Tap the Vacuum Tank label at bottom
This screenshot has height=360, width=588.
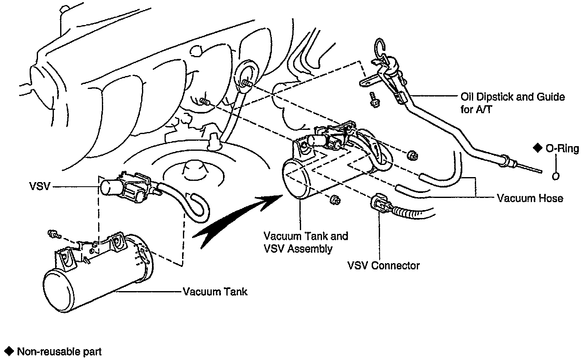(215, 292)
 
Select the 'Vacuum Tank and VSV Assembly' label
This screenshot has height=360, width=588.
(306, 242)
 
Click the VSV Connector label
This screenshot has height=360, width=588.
(383, 265)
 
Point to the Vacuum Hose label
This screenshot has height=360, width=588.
(530, 198)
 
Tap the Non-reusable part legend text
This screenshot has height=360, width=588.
(59, 352)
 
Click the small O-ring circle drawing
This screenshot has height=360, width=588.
(555, 176)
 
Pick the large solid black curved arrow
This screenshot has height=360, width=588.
(234, 217)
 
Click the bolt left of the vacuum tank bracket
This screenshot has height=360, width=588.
(53, 235)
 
